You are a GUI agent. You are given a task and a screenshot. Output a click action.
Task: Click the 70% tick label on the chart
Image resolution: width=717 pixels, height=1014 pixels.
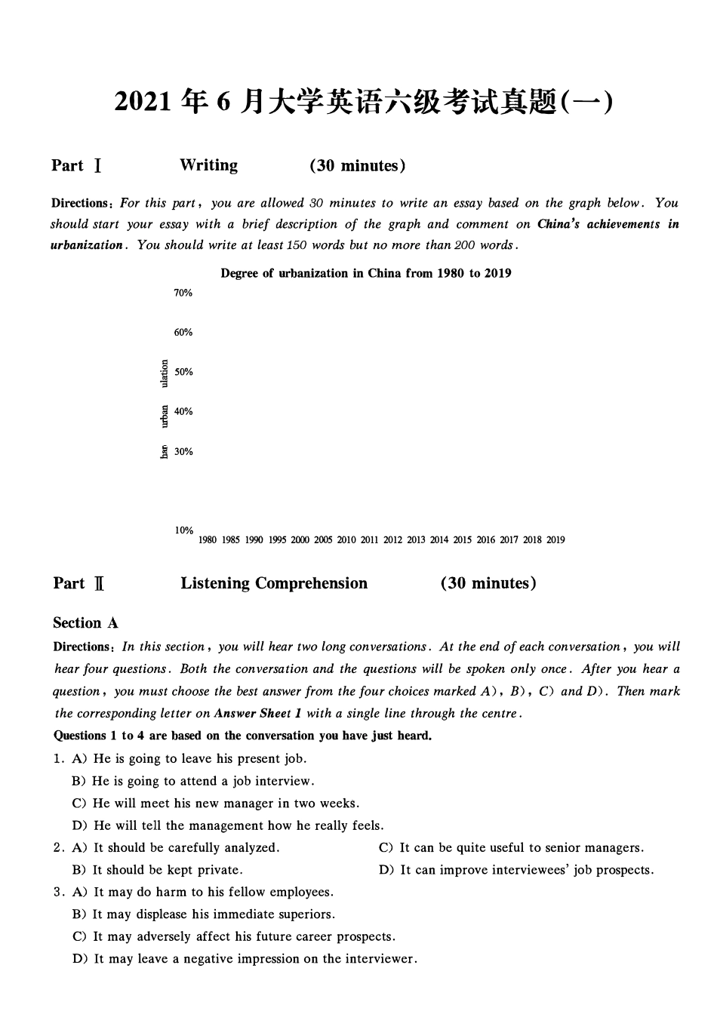point(183,293)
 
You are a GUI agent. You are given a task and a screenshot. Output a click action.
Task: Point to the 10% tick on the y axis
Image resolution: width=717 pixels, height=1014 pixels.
point(184,530)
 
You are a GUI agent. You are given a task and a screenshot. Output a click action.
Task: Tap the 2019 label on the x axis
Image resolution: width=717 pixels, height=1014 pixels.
point(555,540)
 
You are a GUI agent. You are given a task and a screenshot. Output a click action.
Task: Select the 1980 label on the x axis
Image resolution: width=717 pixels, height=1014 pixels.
point(208,540)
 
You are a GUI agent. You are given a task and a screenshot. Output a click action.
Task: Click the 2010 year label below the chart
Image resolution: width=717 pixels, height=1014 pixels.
point(346,540)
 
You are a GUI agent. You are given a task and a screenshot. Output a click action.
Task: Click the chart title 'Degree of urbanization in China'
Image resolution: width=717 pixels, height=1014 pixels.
point(365,273)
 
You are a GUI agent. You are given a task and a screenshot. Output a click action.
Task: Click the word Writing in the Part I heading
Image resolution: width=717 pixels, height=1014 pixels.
point(208,165)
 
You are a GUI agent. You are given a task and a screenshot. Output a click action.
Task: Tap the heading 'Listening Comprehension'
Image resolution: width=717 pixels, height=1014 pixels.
point(274,583)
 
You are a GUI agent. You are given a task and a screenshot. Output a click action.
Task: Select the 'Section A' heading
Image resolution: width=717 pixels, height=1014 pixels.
point(85,623)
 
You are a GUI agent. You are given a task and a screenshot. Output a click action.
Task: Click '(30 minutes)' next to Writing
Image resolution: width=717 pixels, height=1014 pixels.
point(357,166)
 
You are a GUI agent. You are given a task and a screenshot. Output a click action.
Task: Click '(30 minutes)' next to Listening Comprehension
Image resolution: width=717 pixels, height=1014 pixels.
point(488,583)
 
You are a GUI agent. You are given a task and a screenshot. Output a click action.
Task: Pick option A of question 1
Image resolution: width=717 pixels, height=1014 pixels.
point(189,759)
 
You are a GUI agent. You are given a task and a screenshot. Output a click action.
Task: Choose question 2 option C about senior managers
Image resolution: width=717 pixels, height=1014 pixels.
point(511,848)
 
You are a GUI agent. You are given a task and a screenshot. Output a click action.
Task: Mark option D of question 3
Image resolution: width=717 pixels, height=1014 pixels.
point(245,959)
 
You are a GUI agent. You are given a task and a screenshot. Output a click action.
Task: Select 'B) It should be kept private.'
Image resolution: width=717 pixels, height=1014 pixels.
point(157,870)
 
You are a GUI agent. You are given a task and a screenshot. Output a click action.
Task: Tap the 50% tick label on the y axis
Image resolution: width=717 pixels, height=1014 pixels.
point(183,372)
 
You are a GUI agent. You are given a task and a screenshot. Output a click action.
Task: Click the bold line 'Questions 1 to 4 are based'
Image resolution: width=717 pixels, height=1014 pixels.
point(242,736)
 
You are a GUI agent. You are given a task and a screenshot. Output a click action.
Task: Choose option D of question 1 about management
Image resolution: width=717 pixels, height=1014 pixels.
point(228,825)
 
